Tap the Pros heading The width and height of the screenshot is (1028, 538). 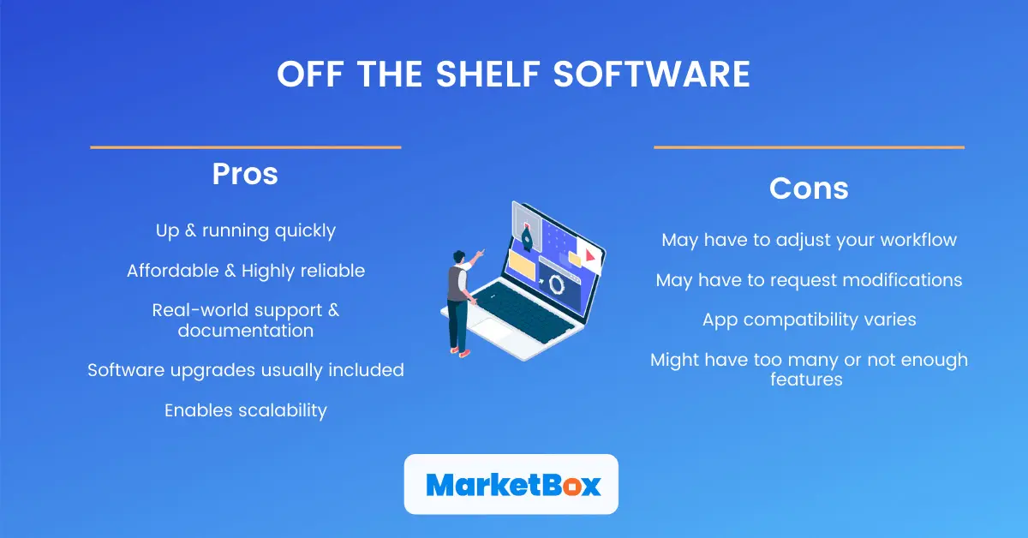[245, 174]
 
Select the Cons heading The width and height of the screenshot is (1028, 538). [809, 188]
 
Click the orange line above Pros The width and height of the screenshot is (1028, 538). [245, 147]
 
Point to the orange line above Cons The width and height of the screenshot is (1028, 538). [809, 147]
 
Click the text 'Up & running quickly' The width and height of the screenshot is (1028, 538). [245, 230]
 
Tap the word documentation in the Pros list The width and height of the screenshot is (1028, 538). [245, 330]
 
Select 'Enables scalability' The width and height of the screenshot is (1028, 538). [245, 410]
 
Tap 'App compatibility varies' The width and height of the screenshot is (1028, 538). [809, 320]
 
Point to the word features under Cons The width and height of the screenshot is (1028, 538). [806, 379]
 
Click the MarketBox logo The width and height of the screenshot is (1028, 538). [511, 484]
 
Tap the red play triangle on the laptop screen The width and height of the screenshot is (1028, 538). [590, 255]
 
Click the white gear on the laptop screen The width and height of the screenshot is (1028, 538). [556, 284]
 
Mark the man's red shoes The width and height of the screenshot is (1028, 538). [463, 352]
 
